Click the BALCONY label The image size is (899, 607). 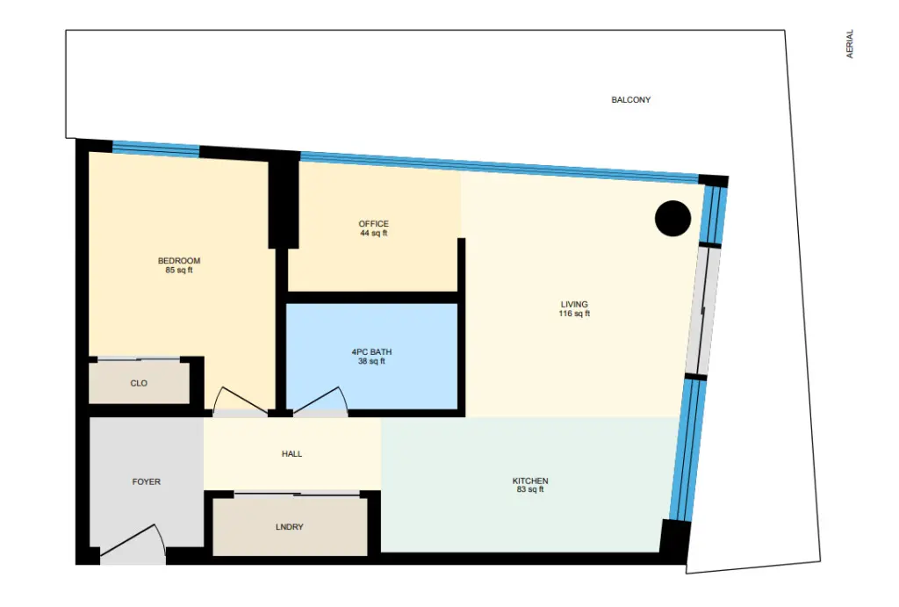pos(630,100)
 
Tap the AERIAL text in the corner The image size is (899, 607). pos(850,44)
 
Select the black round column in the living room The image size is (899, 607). pos(672,219)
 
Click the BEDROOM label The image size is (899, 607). pos(179,261)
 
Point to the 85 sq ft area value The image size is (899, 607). pos(179,271)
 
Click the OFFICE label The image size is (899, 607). pos(374,224)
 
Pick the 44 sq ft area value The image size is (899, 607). pos(374,233)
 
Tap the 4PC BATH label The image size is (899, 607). pos(371,351)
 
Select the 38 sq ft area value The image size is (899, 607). pos(371,361)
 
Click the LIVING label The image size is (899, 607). pos(574,304)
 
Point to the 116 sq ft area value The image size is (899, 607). pos(574,314)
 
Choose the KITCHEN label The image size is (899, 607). pos(530,481)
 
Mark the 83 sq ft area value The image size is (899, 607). pos(530,489)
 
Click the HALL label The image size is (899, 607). pos(291,454)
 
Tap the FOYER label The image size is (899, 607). pos(147,482)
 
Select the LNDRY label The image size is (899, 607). pos(290,527)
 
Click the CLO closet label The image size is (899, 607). pos(139,383)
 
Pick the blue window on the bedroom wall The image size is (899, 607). pos(156,148)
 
